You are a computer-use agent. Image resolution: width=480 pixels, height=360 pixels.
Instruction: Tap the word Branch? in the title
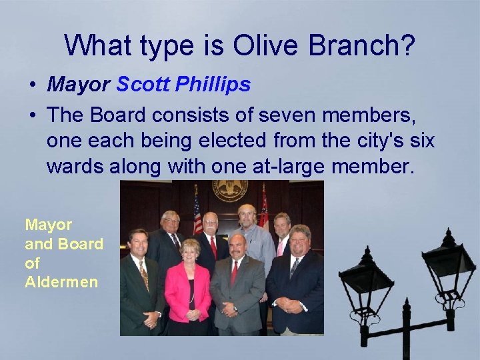[x=359, y=45]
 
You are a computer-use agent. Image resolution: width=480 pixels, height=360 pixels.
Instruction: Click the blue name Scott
[x=143, y=85]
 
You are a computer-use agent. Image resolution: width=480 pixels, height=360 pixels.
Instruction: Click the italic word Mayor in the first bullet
[x=79, y=85]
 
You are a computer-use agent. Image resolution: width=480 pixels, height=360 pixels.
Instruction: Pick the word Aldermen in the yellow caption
[x=61, y=282]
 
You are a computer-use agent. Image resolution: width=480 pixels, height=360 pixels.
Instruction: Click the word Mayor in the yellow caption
[x=48, y=225]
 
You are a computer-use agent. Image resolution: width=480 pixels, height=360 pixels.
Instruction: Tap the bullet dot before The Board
[x=32, y=116]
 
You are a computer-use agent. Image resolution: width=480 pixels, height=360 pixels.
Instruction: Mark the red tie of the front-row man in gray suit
[x=234, y=273]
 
